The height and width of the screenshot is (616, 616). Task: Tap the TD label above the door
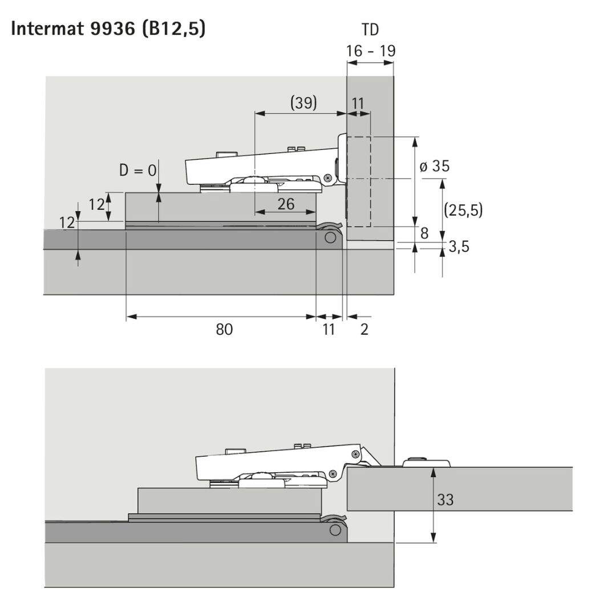coord(370,30)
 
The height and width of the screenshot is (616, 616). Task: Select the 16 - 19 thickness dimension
coord(371,51)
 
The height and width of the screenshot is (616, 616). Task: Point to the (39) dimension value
coord(303,103)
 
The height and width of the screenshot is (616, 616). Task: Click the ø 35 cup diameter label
coord(435,166)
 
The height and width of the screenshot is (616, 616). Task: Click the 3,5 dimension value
coord(459,247)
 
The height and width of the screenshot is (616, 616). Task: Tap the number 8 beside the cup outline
coord(424,233)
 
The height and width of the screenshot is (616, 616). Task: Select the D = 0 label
coord(138,171)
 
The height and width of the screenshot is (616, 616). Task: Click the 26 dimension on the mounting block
coord(286,204)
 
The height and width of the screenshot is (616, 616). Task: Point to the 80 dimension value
coord(224,329)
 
